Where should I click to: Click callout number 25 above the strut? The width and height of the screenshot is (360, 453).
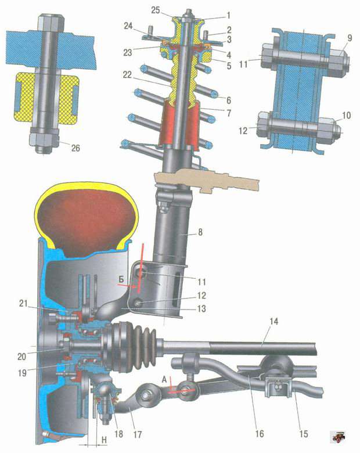click(x=156, y=10)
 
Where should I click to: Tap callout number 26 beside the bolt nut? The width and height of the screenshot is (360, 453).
click(x=75, y=148)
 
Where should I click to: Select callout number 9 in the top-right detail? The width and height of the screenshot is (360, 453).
click(x=350, y=38)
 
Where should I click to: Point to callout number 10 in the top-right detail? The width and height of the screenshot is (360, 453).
click(x=347, y=115)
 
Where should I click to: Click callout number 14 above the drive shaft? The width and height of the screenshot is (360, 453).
click(x=274, y=321)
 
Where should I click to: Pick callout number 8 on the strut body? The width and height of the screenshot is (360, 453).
click(x=200, y=232)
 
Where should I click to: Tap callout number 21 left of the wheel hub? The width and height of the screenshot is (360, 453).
click(x=23, y=303)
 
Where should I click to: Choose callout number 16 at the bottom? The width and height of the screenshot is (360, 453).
click(x=260, y=433)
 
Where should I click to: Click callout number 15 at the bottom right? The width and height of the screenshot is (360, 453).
click(x=304, y=433)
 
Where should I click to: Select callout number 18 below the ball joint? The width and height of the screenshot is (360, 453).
click(x=118, y=434)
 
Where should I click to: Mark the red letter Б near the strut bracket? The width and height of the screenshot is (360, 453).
click(x=121, y=279)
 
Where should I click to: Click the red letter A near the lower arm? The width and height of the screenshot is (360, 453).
click(x=164, y=380)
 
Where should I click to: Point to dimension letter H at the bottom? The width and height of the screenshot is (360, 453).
click(x=105, y=440)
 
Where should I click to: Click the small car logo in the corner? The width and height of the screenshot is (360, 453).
click(x=339, y=437)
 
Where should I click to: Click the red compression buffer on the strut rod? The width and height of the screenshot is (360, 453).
click(x=179, y=125)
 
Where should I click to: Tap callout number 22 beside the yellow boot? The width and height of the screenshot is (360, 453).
click(x=127, y=75)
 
